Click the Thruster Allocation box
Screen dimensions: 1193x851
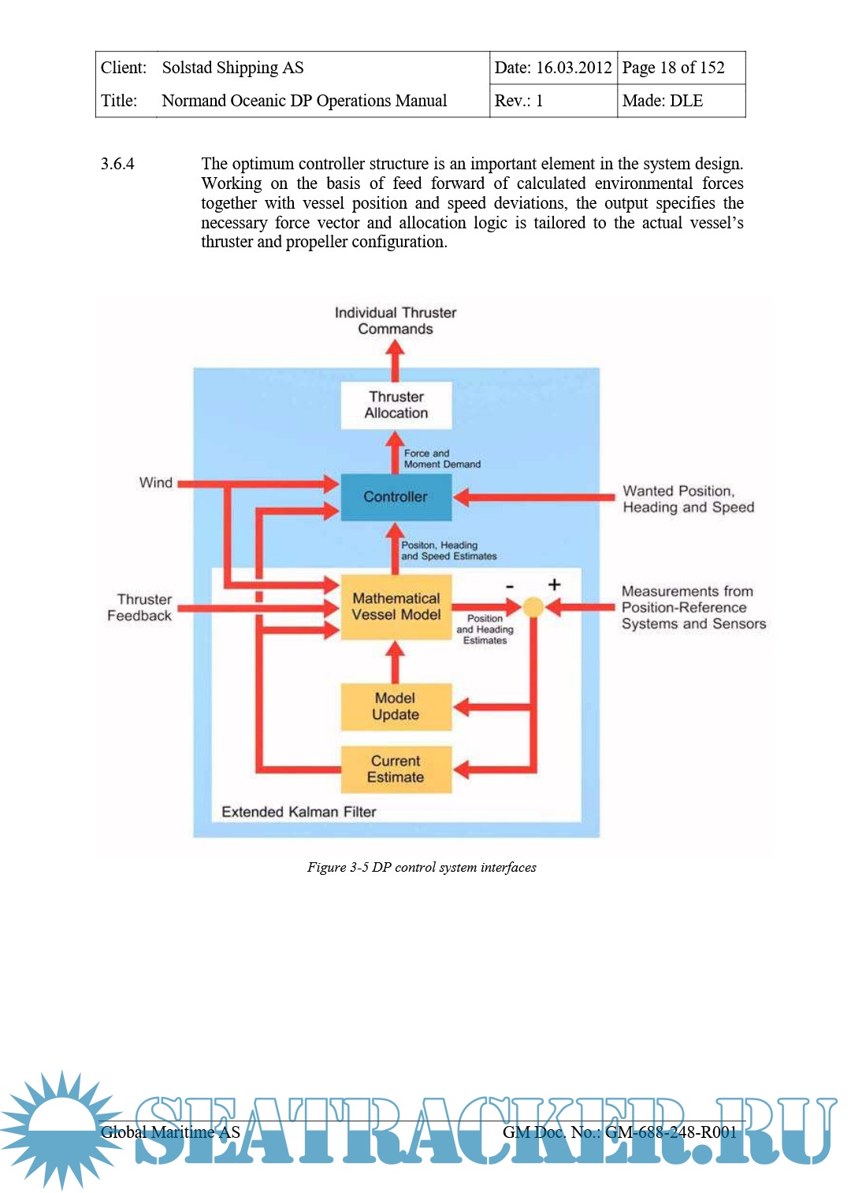[x=396, y=405]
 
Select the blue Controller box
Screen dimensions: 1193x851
[x=396, y=497]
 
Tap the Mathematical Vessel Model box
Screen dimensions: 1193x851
[x=396, y=606]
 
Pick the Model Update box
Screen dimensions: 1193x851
[x=396, y=706]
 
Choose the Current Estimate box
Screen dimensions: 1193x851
[x=396, y=769]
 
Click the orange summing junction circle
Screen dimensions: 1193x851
[x=533, y=607]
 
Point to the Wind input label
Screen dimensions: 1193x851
[x=155, y=483]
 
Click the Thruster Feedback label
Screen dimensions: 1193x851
[x=140, y=607]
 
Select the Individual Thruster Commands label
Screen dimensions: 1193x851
[x=396, y=320]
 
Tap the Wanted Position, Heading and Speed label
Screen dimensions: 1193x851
[x=688, y=499]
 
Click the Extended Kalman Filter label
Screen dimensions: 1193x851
[x=299, y=812]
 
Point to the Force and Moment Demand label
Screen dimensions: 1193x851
[x=441, y=459]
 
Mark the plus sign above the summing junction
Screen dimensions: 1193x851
[x=555, y=584]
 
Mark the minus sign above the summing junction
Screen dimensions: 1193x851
[x=510, y=586]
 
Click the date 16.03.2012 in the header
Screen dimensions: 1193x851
[x=574, y=68]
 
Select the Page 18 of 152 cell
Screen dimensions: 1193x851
[x=674, y=68]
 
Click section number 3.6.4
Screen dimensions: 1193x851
[x=117, y=164]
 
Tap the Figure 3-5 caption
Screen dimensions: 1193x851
[x=422, y=867]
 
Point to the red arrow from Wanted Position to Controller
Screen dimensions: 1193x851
[x=536, y=497]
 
